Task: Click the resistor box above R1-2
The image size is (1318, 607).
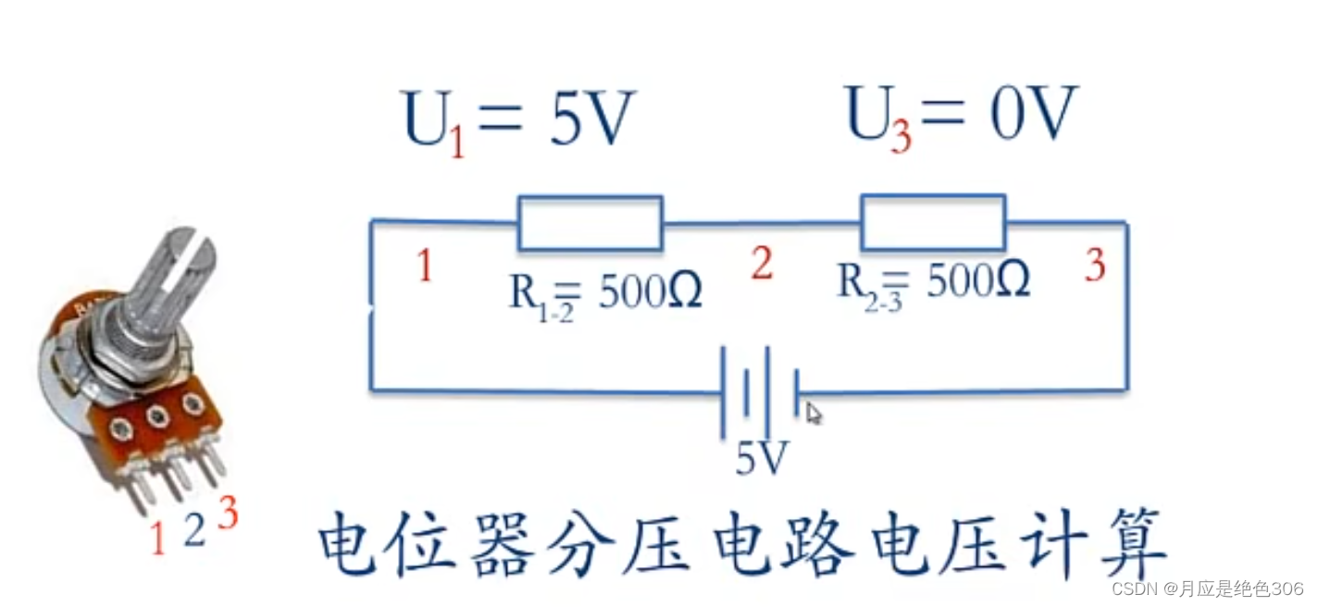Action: click(x=590, y=223)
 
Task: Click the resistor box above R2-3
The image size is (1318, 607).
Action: click(x=933, y=222)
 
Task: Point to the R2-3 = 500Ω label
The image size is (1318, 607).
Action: click(x=933, y=281)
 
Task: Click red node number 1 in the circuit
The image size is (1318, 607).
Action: click(x=425, y=266)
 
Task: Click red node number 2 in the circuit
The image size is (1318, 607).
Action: click(x=762, y=265)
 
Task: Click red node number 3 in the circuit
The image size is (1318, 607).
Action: click(x=1095, y=266)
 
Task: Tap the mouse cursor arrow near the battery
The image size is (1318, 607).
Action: click(x=813, y=413)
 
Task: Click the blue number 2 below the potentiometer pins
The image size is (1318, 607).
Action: click(x=193, y=530)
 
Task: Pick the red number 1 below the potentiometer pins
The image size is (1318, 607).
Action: click(x=157, y=539)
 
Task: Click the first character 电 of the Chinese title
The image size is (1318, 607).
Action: click(x=350, y=550)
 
